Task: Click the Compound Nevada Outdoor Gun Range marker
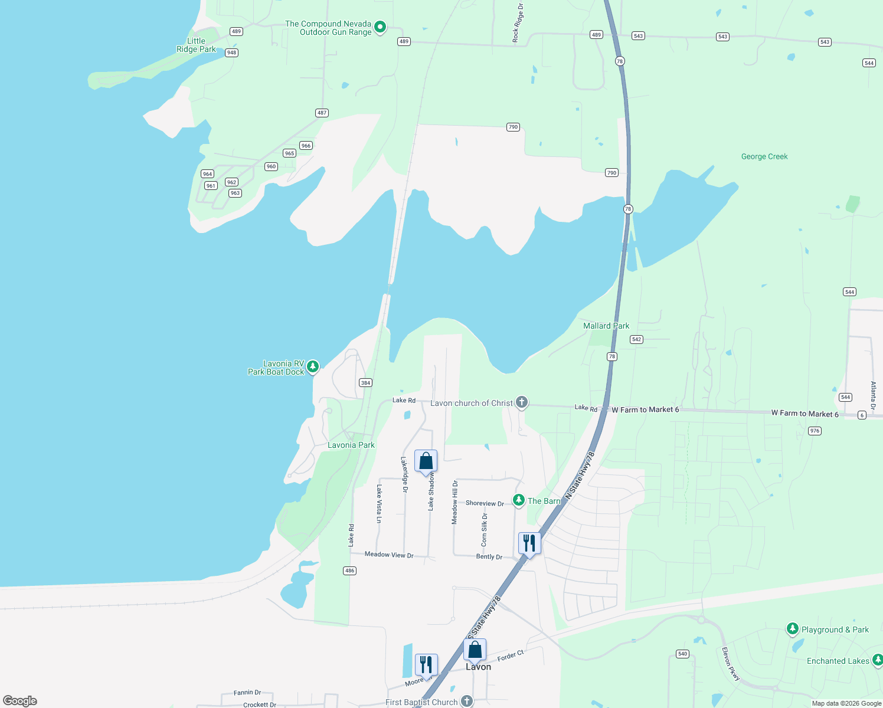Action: (x=381, y=27)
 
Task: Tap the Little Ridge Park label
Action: (x=196, y=45)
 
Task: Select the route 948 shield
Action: (x=231, y=53)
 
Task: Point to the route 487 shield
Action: (x=322, y=113)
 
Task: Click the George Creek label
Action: (x=764, y=156)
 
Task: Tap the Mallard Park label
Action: (x=606, y=326)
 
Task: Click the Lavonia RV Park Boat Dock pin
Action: (x=313, y=366)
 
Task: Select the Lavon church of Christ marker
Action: (x=521, y=402)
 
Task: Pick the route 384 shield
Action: (x=365, y=383)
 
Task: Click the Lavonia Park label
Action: (x=351, y=445)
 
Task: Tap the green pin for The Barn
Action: (x=519, y=500)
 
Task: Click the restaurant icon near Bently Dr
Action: (x=529, y=543)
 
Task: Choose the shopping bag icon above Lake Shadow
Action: (x=426, y=461)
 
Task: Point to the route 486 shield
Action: (x=350, y=571)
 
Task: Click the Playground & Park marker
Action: (x=793, y=629)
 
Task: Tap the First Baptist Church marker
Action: (x=467, y=701)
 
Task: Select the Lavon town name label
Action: (x=478, y=667)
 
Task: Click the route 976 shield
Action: (x=815, y=431)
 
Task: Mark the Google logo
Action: (x=20, y=700)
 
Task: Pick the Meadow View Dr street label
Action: (x=389, y=555)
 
